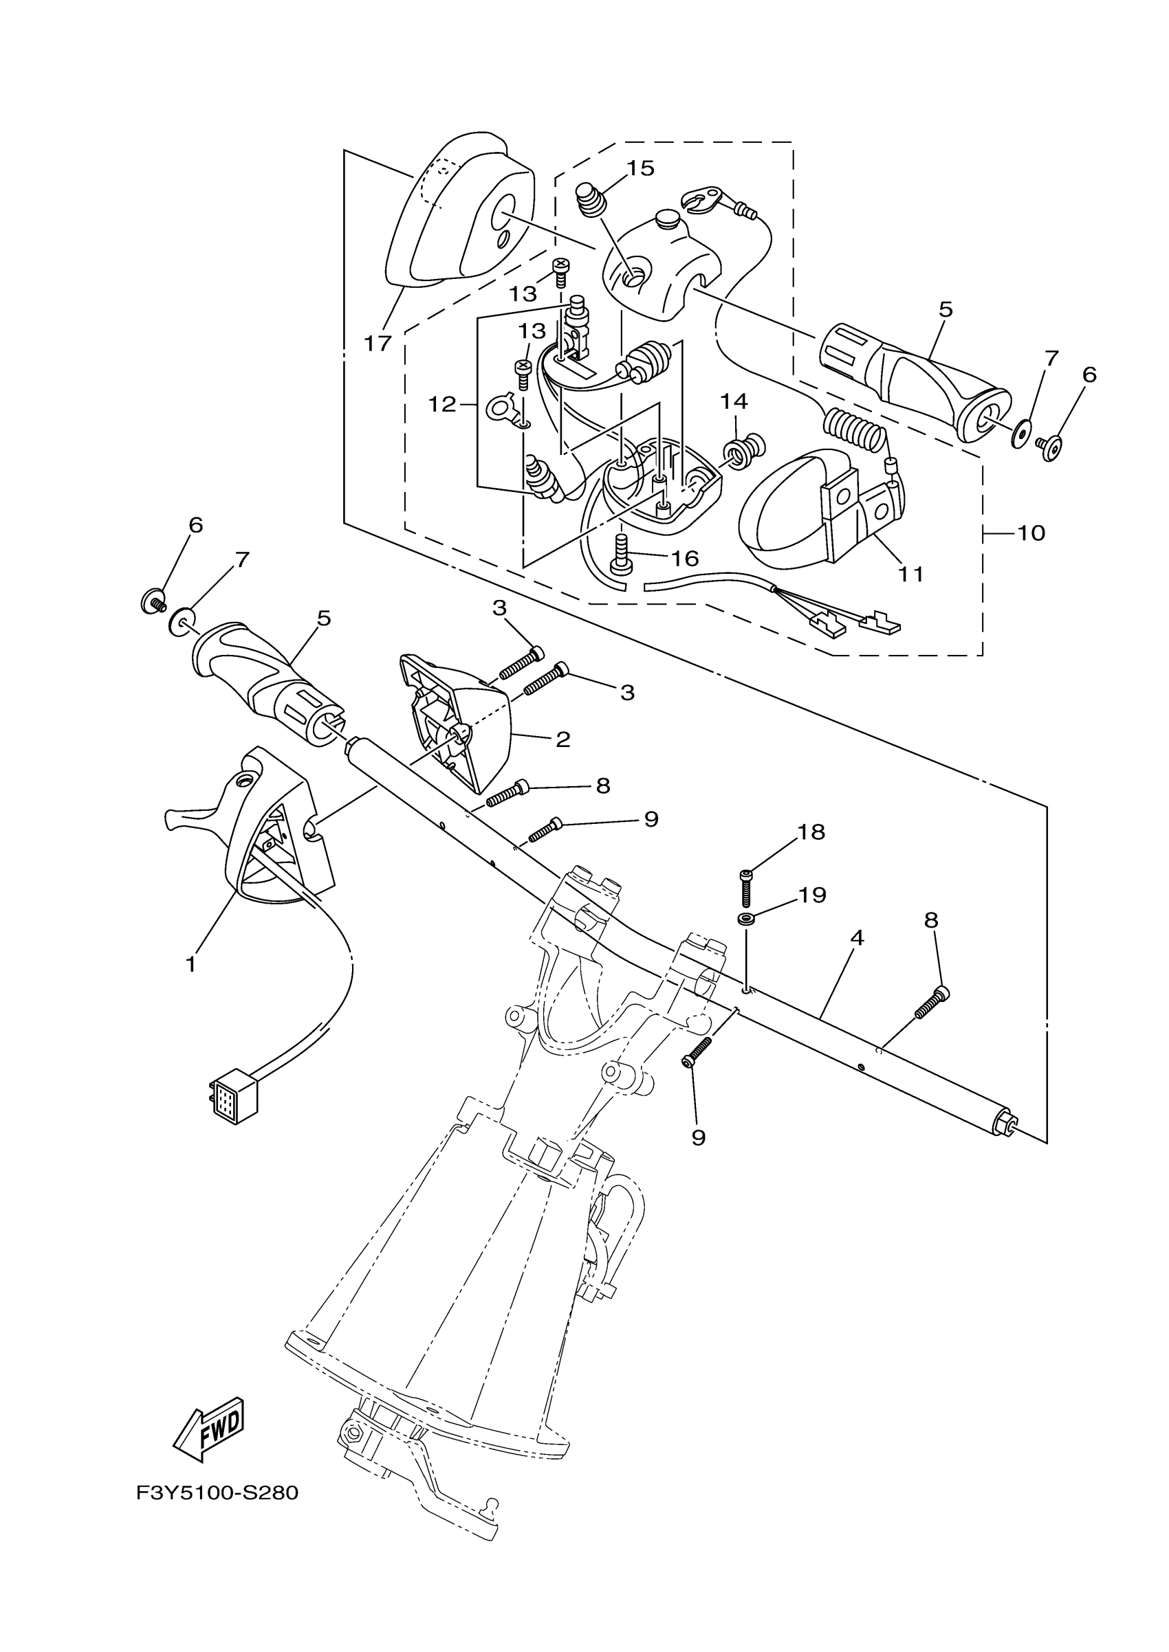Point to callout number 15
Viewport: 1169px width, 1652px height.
point(640,168)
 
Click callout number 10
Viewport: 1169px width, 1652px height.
point(1031,533)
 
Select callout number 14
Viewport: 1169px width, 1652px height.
point(734,401)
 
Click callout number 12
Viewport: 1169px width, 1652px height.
point(442,404)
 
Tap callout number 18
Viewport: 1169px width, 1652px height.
point(811,831)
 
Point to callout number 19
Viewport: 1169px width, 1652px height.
point(811,895)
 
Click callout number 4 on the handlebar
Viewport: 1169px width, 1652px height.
point(856,937)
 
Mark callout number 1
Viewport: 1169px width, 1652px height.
point(190,964)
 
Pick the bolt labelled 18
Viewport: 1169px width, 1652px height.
point(745,887)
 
